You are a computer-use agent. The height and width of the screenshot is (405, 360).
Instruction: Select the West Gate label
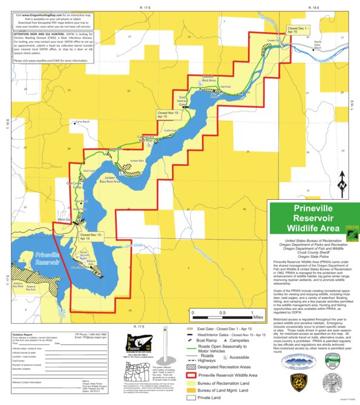pos(65,219)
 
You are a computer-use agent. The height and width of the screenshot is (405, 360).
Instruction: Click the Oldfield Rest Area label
pos(209,78)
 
